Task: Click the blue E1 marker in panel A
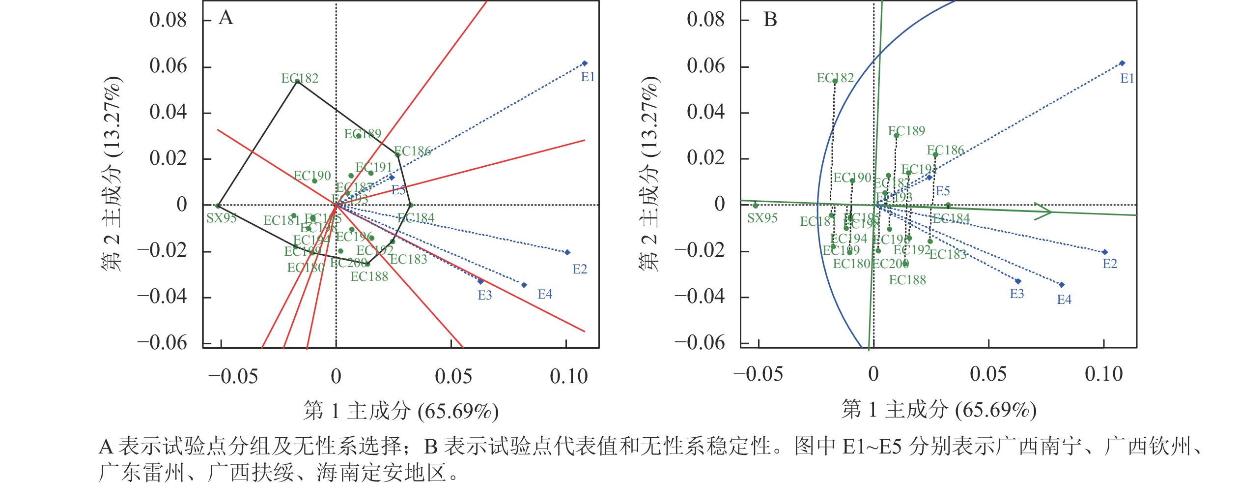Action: click(x=585, y=63)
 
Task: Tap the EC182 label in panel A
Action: click(x=300, y=78)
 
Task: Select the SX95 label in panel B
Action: click(x=762, y=218)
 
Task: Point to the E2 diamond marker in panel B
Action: click(x=1105, y=252)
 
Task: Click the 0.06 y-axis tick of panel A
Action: click(x=168, y=66)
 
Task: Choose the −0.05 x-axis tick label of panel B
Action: click(x=758, y=375)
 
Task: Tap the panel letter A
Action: click(x=225, y=18)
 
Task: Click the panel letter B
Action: click(x=770, y=20)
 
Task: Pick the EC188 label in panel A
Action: click(x=369, y=276)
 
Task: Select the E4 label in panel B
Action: click(x=1064, y=300)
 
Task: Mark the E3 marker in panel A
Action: click(x=480, y=282)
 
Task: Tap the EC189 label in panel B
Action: click(x=906, y=131)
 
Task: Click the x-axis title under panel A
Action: click(x=401, y=411)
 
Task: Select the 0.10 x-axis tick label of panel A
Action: click(x=568, y=377)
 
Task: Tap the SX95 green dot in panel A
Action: click(x=218, y=206)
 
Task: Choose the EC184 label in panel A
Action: click(x=416, y=217)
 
